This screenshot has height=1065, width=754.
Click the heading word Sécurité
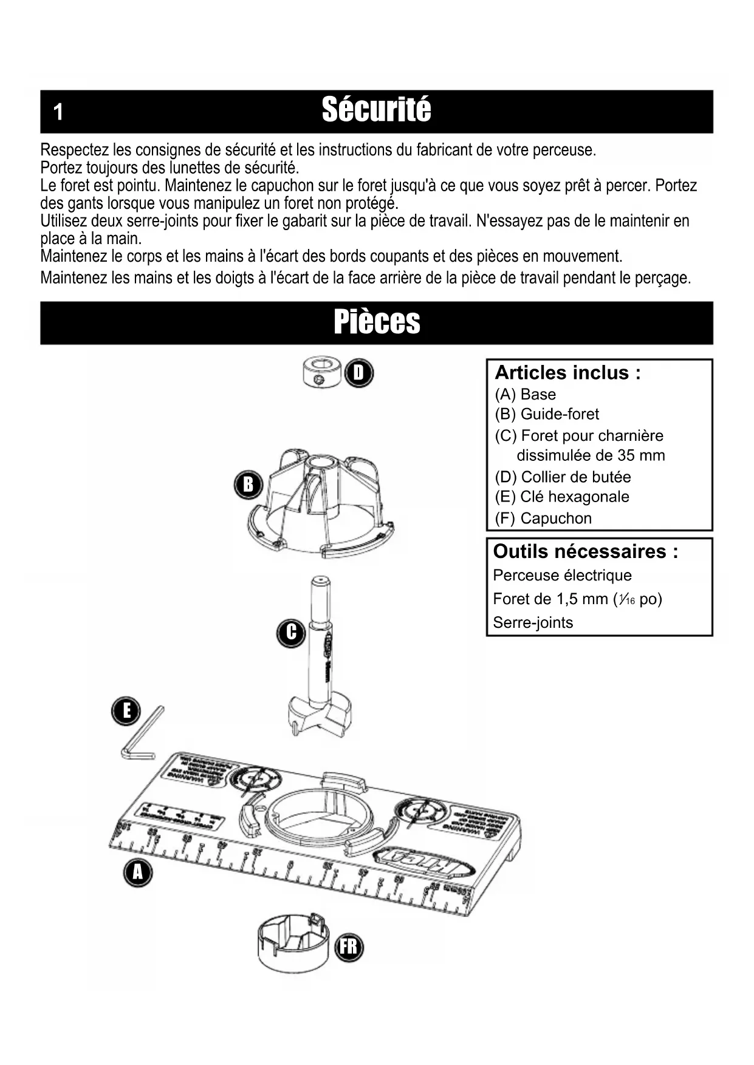click(376, 111)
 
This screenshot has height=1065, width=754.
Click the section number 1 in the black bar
click(58, 112)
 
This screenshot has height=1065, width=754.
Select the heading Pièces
click(377, 322)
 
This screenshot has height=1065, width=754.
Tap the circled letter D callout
click(358, 373)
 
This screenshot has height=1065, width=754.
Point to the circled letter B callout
click(248, 485)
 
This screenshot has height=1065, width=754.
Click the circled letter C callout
click(291, 632)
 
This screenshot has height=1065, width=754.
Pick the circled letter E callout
click(126, 711)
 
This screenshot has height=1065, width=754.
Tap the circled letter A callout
click(138, 873)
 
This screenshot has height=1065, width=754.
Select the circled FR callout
click(349, 947)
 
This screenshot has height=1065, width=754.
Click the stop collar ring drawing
click(321, 373)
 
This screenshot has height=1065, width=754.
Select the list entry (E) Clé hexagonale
click(562, 497)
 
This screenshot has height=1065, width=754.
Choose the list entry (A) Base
click(526, 395)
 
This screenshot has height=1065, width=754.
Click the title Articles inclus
click(567, 372)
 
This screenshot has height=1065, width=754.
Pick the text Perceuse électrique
click(562, 575)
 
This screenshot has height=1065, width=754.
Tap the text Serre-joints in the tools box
click(533, 622)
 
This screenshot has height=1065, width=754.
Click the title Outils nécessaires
click(585, 551)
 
